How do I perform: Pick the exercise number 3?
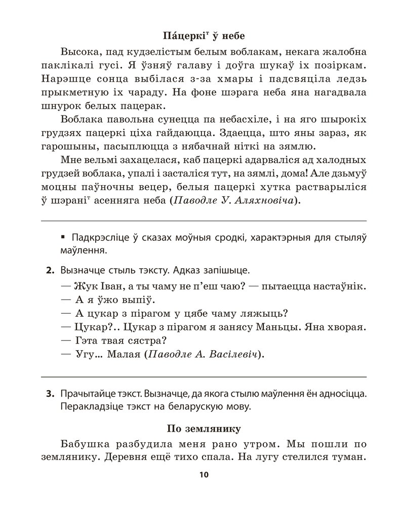pos(50,393)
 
